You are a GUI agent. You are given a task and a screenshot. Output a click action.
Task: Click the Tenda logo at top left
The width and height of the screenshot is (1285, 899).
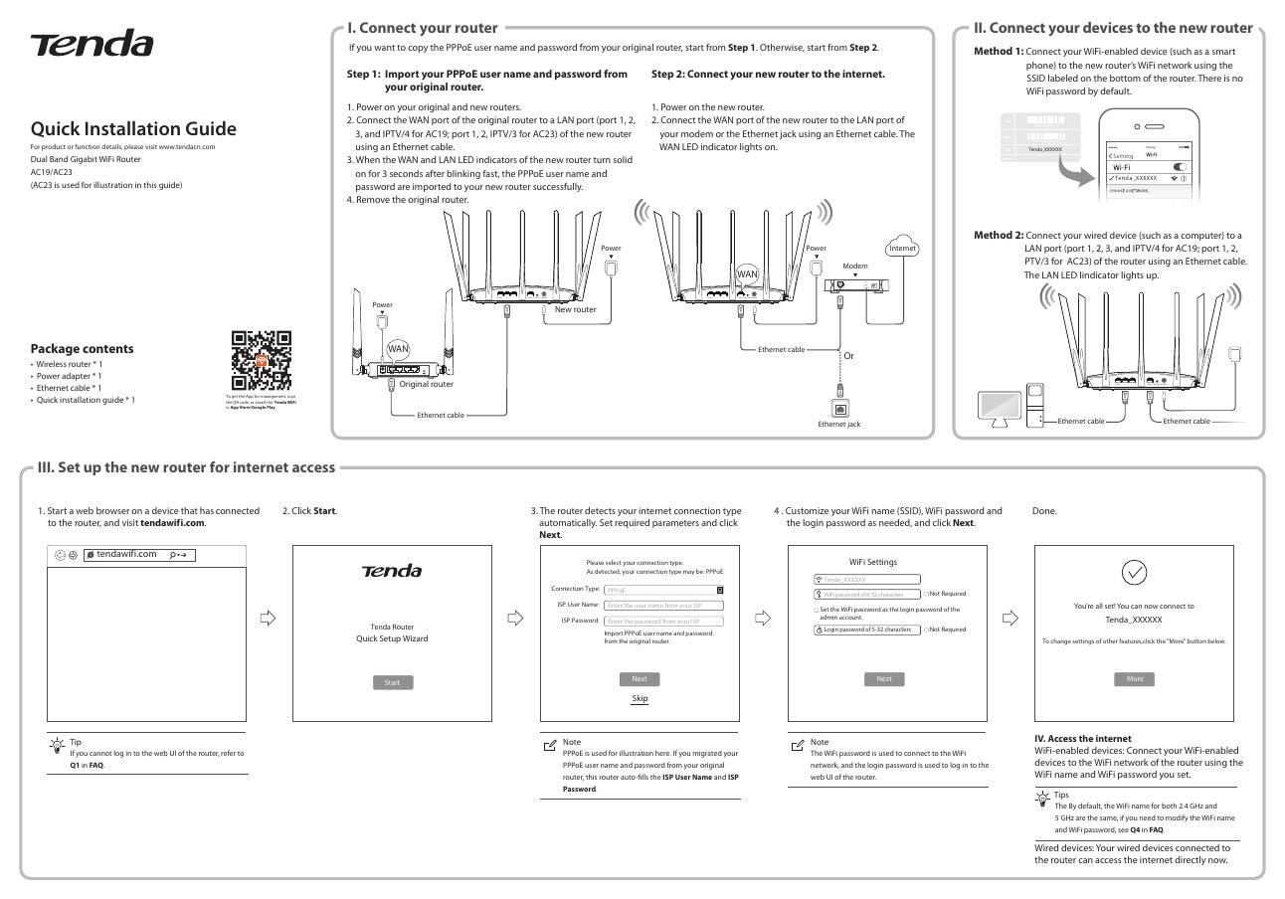(x=92, y=45)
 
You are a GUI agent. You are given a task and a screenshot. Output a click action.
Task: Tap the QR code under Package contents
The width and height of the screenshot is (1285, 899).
(x=262, y=360)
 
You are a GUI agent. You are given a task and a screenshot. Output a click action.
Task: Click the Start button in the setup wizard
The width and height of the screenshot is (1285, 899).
(x=392, y=682)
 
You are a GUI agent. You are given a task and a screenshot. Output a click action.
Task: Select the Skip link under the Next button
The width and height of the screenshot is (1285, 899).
(x=640, y=698)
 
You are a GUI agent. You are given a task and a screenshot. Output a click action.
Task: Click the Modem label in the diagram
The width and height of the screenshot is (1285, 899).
(x=855, y=267)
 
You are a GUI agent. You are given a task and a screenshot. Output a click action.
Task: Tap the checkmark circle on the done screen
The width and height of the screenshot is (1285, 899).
(x=1134, y=572)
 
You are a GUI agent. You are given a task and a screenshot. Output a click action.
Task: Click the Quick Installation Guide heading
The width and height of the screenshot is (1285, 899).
(x=133, y=128)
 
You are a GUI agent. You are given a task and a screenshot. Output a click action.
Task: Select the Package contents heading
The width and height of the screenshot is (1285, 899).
(x=82, y=348)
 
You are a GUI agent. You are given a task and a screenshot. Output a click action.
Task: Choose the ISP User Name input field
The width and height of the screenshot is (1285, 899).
(x=663, y=605)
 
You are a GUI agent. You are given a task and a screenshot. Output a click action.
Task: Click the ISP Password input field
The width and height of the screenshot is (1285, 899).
(x=663, y=621)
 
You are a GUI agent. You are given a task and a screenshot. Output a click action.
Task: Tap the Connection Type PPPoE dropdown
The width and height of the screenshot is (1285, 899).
(x=663, y=590)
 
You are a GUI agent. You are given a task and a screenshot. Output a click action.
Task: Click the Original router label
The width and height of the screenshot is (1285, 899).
(x=426, y=384)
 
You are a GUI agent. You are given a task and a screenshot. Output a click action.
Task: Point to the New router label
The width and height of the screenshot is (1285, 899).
(x=575, y=309)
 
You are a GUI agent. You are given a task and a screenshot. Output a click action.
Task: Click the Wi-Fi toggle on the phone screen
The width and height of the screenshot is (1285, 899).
(x=1184, y=167)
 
